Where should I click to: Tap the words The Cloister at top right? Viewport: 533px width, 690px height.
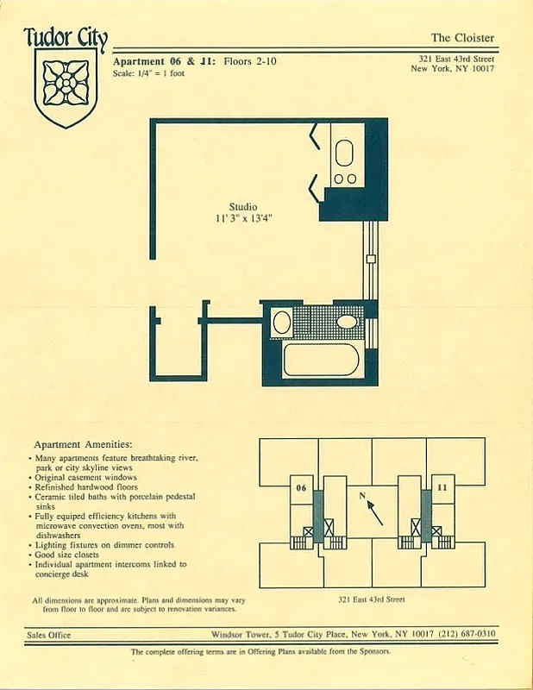[x=462, y=37]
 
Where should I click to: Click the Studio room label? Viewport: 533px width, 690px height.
[x=242, y=207]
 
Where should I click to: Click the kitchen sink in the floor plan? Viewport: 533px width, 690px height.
[x=343, y=154]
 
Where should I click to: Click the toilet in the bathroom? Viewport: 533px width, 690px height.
[x=281, y=323]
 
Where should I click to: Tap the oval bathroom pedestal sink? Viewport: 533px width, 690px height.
[x=347, y=322]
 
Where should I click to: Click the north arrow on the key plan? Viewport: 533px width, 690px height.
[x=373, y=511]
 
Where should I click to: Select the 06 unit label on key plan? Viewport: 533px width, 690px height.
[x=301, y=487]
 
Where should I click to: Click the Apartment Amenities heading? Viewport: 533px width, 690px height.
[x=81, y=442]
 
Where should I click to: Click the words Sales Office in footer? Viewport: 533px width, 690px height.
[x=48, y=635]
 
